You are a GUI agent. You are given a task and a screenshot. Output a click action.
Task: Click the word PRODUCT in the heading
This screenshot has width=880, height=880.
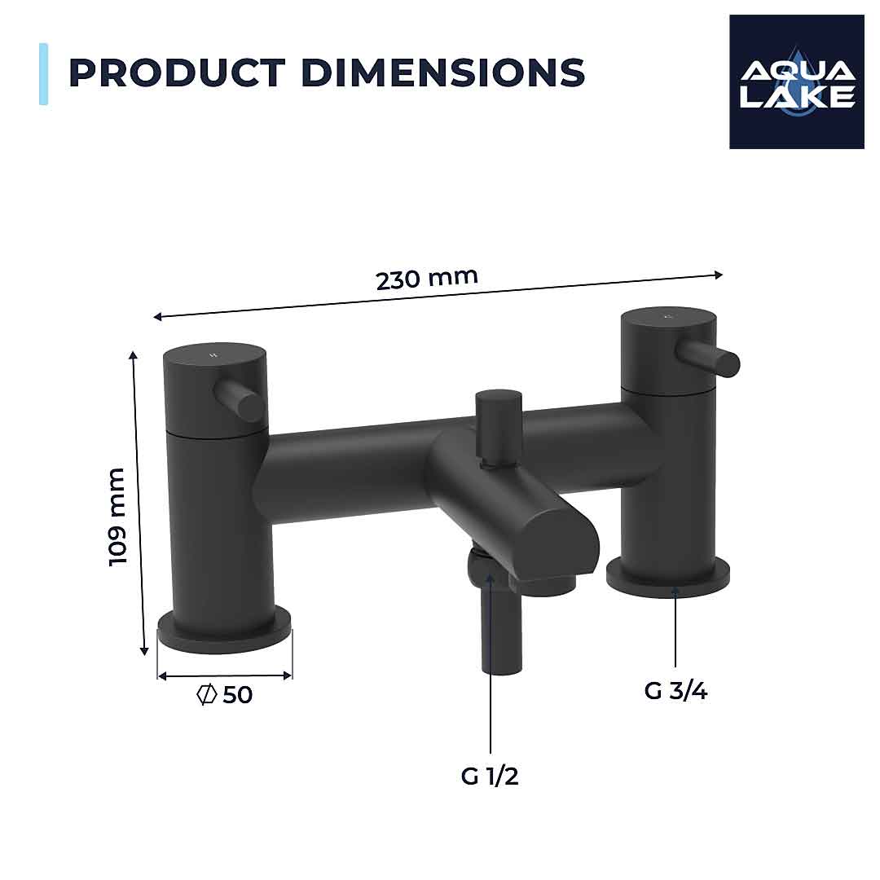click(x=178, y=73)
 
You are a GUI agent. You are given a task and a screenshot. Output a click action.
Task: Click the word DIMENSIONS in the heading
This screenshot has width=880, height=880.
click(x=443, y=73)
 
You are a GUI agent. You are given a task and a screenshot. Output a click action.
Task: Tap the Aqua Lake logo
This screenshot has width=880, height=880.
click(x=796, y=81)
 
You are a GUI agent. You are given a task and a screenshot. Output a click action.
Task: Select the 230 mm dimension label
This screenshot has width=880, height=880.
click(x=426, y=278)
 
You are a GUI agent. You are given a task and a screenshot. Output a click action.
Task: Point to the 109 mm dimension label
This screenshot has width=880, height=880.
click(x=119, y=517)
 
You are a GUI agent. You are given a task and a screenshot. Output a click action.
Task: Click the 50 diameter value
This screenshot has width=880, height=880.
click(x=237, y=695)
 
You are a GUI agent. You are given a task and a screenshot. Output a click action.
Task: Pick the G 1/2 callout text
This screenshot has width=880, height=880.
click(x=490, y=777)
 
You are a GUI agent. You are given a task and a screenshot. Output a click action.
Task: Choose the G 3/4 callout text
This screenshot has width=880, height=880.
click(x=675, y=691)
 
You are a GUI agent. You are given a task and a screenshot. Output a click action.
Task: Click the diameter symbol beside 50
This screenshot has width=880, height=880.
click(x=207, y=695)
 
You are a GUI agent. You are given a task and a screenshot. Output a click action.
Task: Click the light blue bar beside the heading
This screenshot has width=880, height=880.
click(x=43, y=73)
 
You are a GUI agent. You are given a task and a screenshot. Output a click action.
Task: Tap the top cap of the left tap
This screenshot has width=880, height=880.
click(x=215, y=359)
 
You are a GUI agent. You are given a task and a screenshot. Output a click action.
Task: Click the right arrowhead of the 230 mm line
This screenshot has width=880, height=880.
click(x=718, y=275)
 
